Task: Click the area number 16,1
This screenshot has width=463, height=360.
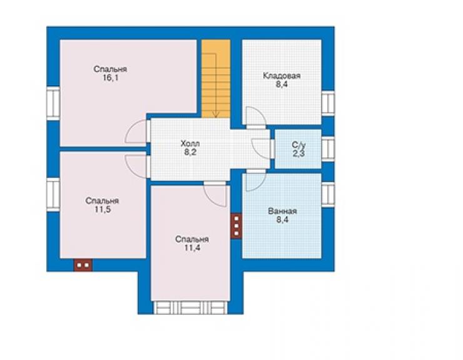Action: click(x=111, y=78)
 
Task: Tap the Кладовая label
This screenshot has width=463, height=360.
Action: click(x=282, y=76)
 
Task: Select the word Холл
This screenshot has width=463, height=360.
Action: click(x=190, y=144)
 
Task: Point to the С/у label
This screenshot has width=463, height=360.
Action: click(x=298, y=145)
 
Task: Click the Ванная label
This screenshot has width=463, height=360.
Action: click(x=282, y=212)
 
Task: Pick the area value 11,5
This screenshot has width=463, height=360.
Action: click(x=102, y=210)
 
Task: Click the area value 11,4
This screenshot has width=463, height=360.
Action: click(x=192, y=248)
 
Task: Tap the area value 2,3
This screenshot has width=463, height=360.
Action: click(x=298, y=153)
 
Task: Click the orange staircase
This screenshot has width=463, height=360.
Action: click(x=216, y=79)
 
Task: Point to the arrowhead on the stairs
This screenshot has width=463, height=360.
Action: click(x=216, y=115)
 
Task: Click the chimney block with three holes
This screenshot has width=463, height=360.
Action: click(x=237, y=226)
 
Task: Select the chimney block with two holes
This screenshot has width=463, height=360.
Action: click(x=83, y=265)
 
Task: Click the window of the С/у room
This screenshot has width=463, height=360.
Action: click(x=328, y=148)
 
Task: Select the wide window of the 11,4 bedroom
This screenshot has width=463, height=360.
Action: click(x=190, y=307)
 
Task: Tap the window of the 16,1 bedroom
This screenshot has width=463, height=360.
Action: click(x=53, y=103)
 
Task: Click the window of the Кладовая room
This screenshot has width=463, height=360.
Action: click(x=328, y=103)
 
